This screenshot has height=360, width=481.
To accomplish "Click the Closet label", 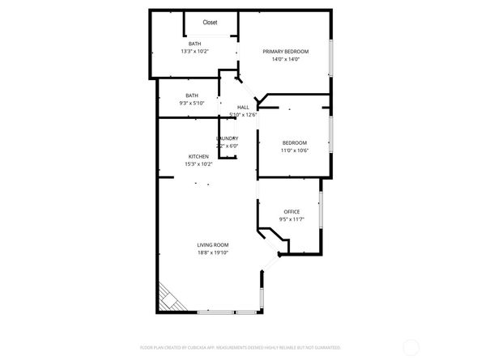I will click(210, 23).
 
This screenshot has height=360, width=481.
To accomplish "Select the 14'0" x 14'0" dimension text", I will click(286, 59).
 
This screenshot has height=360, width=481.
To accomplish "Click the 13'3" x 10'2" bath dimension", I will click(194, 51).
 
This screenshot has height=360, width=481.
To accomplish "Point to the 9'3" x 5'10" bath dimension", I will click(192, 103).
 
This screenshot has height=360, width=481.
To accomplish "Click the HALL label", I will click(243, 107).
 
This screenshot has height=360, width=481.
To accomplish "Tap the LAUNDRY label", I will click(227, 138).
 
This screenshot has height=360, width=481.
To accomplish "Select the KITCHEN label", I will click(198, 156).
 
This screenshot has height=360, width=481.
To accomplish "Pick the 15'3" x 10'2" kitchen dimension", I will click(198, 164).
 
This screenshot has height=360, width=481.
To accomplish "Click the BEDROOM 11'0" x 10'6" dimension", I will click(294, 150).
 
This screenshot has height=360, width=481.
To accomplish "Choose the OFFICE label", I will click(292, 212).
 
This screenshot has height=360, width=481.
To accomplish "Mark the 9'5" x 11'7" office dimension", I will click(291, 219).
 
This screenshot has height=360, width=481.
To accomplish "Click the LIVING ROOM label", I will click(213, 245).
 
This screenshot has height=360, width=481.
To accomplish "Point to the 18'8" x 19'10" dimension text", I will click(213, 253).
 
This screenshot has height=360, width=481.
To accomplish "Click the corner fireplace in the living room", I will click(168, 298).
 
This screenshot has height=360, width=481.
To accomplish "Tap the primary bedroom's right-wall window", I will click(330, 57).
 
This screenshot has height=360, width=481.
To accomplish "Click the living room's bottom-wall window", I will click(228, 312).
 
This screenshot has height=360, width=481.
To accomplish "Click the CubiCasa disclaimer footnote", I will click(240, 347).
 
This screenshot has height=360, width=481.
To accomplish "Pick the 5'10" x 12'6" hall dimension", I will click(243, 115).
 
